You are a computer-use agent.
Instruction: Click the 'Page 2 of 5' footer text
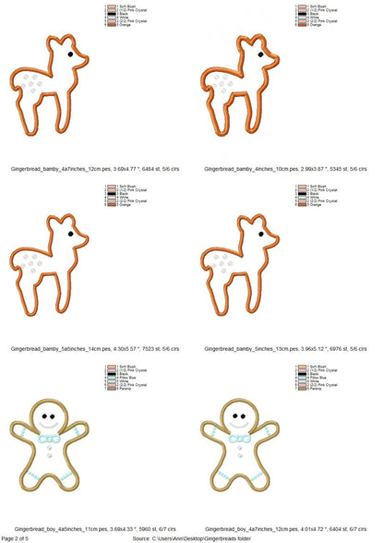pyautogui.click(x=20, y=537)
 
